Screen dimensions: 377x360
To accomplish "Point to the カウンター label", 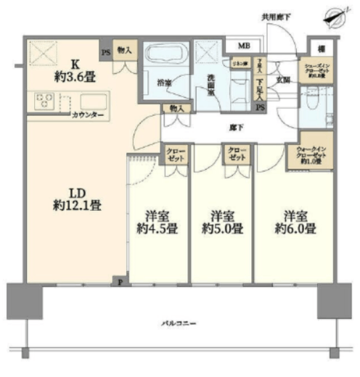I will (x=88, y=116).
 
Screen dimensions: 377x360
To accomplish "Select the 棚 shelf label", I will (x=320, y=49).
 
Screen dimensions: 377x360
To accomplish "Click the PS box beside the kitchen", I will (x=106, y=51).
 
